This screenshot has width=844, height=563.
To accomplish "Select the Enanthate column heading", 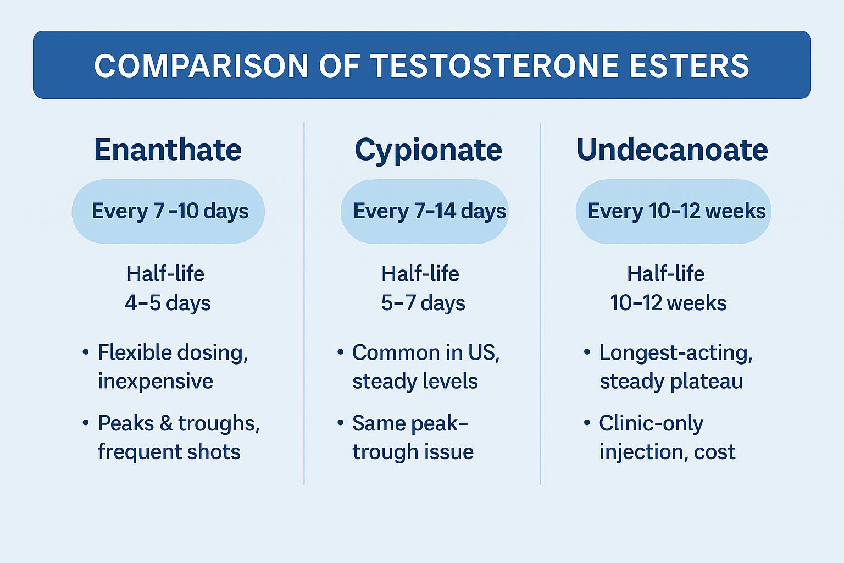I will click(x=168, y=150).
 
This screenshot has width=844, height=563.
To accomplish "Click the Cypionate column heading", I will click(x=428, y=150).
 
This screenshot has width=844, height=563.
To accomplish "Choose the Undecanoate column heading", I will click(x=672, y=150).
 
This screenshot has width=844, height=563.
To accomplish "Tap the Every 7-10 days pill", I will click(x=169, y=211).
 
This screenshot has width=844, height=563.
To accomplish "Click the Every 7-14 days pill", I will click(x=425, y=211).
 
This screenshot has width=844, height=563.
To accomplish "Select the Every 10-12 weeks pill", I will click(x=674, y=211).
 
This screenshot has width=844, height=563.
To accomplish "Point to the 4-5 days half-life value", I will click(x=168, y=303).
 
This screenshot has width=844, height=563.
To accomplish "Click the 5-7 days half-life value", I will click(x=423, y=303).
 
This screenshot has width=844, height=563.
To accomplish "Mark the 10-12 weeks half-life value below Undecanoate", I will click(x=668, y=303).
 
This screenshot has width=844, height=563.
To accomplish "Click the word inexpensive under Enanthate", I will click(x=156, y=381).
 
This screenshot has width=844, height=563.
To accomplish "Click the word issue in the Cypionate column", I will click(x=452, y=452).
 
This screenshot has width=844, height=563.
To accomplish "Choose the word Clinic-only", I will click(x=651, y=423).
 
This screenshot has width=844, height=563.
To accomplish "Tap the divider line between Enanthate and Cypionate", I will click(x=304, y=302).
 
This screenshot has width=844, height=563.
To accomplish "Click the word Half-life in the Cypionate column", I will click(x=420, y=274).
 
